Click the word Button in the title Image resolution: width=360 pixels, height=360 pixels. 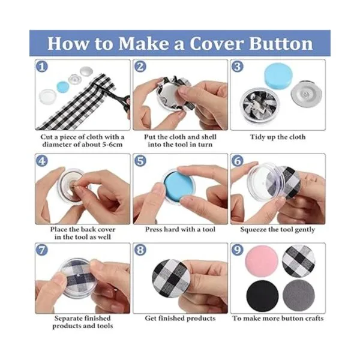281,43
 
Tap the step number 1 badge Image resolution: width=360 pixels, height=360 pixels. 42,67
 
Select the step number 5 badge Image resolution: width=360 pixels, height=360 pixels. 140,161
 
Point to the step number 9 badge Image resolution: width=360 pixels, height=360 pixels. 238,250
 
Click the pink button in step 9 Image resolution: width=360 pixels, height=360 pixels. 262,261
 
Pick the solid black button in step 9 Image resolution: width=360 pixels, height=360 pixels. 262,296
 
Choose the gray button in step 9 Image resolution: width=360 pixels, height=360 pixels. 298,295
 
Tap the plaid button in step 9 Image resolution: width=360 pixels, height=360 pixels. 298,261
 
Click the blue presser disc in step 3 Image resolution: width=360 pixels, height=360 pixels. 278,75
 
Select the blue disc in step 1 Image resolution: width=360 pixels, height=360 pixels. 63,87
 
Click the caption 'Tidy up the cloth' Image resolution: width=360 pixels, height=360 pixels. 278,137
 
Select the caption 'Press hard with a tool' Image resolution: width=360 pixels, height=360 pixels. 180,229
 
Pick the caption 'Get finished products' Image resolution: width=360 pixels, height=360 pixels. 180,319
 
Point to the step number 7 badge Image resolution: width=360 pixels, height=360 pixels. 42,250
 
